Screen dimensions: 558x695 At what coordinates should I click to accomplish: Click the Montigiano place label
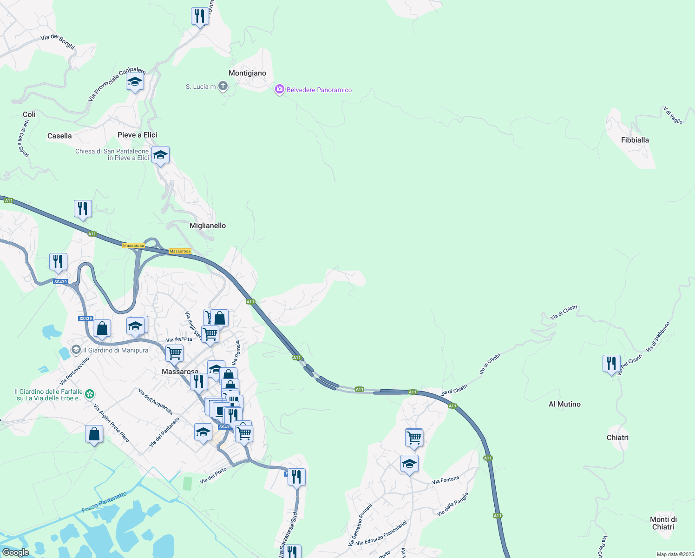pyautogui.click(x=247, y=73)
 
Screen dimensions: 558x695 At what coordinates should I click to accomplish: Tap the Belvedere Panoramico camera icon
pyautogui.click(x=279, y=90)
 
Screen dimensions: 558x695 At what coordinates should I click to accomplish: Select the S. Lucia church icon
pyautogui.click(x=223, y=86)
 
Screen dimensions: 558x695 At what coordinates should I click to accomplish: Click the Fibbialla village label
pyautogui.click(x=635, y=140)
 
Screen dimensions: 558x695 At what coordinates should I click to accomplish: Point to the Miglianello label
pyautogui.click(x=208, y=226)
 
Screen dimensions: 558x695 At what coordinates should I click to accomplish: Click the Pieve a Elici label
pyautogui.click(x=137, y=135)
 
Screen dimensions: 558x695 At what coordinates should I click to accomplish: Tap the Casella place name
pyautogui.click(x=59, y=136)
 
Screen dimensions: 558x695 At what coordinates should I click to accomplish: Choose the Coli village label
pyautogui.click(x=29, y=114)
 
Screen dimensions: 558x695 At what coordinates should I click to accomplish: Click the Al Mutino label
pyautogui.click(x=564, y=404)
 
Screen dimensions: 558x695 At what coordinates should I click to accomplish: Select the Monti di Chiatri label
pyautogui.click(x=663, y=523)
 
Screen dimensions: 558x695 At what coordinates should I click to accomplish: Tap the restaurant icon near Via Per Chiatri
pyautogui.click(x=611, y=363)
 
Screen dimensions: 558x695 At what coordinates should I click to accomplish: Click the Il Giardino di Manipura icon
pyautogui.click(x=76, y=350)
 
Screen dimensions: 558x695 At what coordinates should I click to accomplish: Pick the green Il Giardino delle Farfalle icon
pyautogui.click(x=90, y=395)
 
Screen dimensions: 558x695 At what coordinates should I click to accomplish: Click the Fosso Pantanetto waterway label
pyautogui.click(x=104, y=503)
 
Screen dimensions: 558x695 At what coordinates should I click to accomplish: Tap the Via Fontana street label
pyautogui.click(x=446, y=480)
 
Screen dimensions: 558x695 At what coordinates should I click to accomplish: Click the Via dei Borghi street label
pyautogui.click(x=58, y=41)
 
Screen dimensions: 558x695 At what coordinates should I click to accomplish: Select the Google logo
pyautogui.click(x=16, y=552)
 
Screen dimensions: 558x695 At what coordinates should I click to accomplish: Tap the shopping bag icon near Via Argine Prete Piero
pyautogui.click(x=94, y=434)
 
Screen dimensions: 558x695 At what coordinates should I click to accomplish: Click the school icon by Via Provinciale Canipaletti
pyautogui.click(x=135, y=82)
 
